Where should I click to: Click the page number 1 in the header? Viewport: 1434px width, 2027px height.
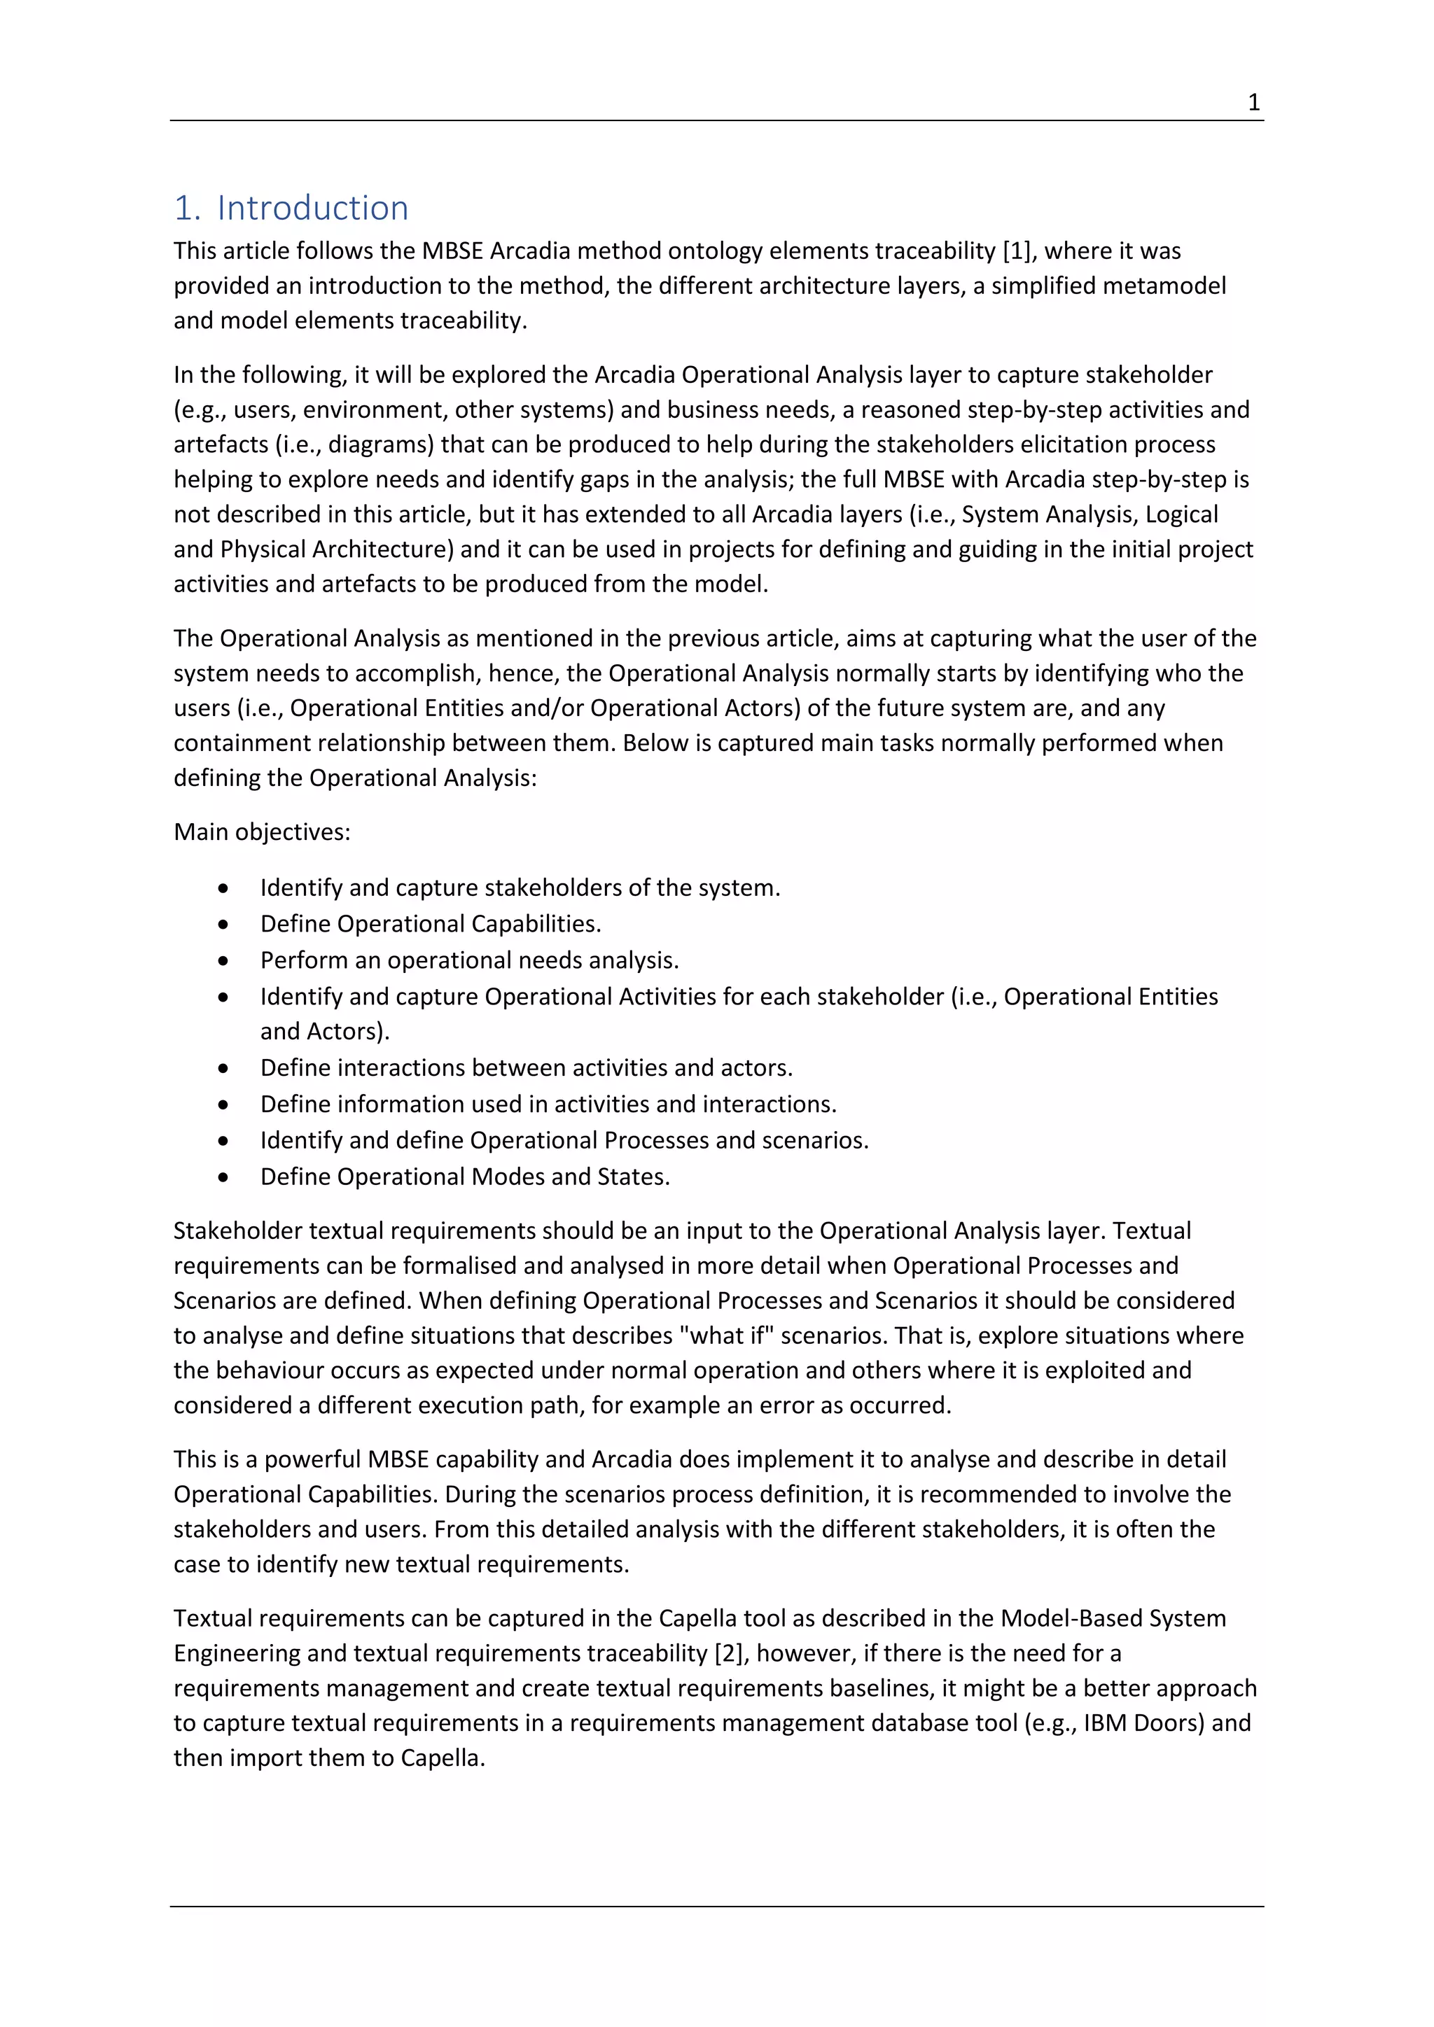tap(1253, 104)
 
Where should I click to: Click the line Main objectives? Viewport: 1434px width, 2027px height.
tap(261, 832)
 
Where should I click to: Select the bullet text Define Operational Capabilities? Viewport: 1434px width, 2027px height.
tap(430, 925)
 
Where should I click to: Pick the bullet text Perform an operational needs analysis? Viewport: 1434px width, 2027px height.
tap(469, 960)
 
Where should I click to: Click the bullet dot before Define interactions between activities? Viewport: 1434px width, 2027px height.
tap(224, 1069)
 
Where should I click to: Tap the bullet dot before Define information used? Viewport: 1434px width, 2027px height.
tap(224, 1105)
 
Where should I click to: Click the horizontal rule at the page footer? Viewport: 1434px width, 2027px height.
tap(717, 1907)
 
